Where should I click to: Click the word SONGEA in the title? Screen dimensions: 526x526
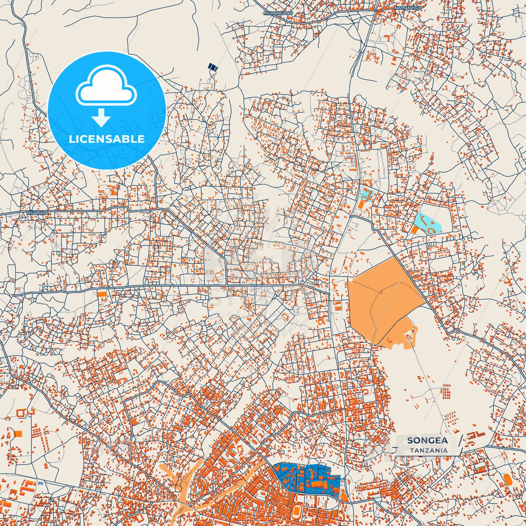pos(427,440)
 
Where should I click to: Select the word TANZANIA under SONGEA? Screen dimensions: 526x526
pos(429,450)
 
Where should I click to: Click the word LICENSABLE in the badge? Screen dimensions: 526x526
pos(107,139)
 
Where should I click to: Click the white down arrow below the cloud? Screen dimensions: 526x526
pos(101,118)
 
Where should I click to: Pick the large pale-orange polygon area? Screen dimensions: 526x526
pos(382,298)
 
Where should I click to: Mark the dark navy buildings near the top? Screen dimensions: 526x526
pos(213,67)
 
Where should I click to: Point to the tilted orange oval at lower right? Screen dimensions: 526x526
pos(508,479)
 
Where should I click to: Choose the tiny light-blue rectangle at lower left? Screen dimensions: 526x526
pos(41,483)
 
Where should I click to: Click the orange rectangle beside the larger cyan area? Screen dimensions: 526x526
pos(415,230)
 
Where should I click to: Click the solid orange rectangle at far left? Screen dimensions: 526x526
pos(17,434)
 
